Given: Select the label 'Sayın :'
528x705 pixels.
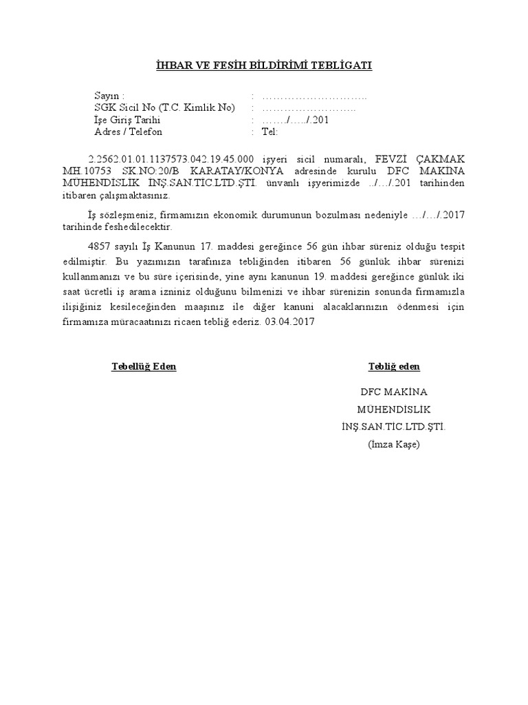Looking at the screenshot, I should coord(110,96).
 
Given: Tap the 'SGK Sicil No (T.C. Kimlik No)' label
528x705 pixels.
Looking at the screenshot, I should coord(165,108).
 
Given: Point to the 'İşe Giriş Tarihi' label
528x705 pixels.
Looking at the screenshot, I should coord(127,120).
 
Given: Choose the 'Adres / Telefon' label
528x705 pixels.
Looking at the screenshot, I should coord(129,132).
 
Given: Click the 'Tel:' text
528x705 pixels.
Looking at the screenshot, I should coord(269,132).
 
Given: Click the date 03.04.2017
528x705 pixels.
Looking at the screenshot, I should coord(289,322).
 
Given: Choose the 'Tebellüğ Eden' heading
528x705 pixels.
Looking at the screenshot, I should coord(144,366).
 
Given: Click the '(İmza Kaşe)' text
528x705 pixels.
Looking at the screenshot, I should coord(393,444).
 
